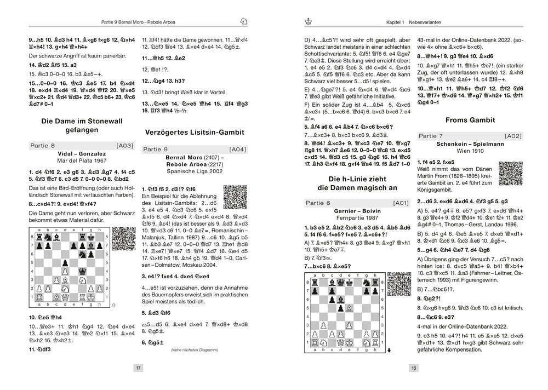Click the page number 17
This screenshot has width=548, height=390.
(139, 368)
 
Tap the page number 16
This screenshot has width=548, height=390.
(414, 368)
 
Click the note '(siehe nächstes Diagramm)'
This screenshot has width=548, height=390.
(195, 349)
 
